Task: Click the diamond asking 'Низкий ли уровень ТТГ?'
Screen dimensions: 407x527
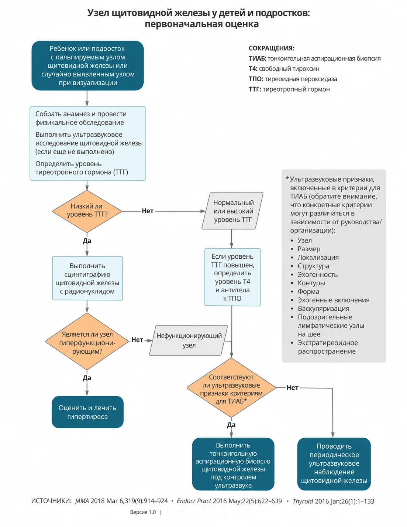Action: pyautogui.click(x=87, y=211)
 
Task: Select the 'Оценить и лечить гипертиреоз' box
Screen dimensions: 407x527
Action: pyautogui.click(x=87, y=412)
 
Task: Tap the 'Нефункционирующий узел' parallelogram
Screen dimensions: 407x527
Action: pyautogui.click(x=189, y=340)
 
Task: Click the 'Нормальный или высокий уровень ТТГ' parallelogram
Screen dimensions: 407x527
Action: pyautogui.click(x=232, y=211)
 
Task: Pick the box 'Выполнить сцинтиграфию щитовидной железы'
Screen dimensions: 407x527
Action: pyautogui.click(x=87, y=278)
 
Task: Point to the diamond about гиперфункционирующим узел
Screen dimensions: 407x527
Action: pyautogui.click(x=87, y=341)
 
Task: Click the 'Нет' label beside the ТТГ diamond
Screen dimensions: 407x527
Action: pyautogui.click(x=148, y=211)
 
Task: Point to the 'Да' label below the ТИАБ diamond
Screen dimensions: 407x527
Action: pyautogui.click(x=231, y=425)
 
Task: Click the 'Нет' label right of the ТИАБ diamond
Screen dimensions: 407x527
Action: pyautogui.click(x=293, y=388)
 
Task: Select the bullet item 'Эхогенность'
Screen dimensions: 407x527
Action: pyautogui.click(x=317, y=275)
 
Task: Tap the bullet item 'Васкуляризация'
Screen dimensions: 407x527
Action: pyautogui.click(x=324, y=309)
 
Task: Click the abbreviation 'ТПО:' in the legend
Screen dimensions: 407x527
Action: pyautogui.click(x=256, y=79)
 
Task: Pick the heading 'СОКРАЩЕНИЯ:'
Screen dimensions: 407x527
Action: pyautogui.click(x=272, y=48)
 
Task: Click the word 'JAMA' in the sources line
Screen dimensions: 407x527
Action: pyautogui.click(x=82, y=501)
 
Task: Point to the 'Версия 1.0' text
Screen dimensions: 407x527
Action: pyautogui.click(x=143, y=512)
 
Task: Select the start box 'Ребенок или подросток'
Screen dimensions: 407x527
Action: pyautogui.click(x=88, y=65)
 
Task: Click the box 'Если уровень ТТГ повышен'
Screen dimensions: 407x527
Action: pyautogui.click(x=232, y=277)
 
